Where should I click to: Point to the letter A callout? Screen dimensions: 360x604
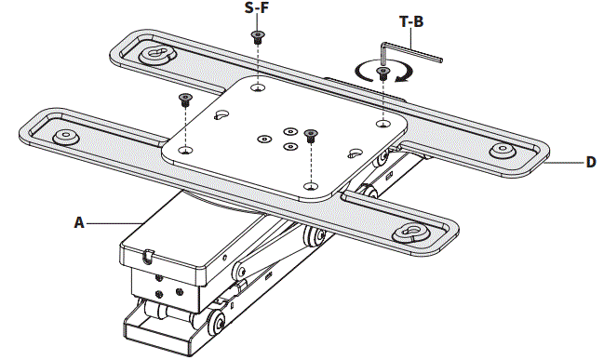tap(79, 222)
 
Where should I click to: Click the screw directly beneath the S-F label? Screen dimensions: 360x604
tap(256, 38)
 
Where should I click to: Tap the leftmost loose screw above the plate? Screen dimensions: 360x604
tap(184, 99)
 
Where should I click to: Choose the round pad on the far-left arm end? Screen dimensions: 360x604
tap(66, 137)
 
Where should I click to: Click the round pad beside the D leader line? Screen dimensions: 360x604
tap(503, 149)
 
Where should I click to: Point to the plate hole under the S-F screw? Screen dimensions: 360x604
tap(256, 89)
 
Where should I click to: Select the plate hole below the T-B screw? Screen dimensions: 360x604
tap(383, 122)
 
